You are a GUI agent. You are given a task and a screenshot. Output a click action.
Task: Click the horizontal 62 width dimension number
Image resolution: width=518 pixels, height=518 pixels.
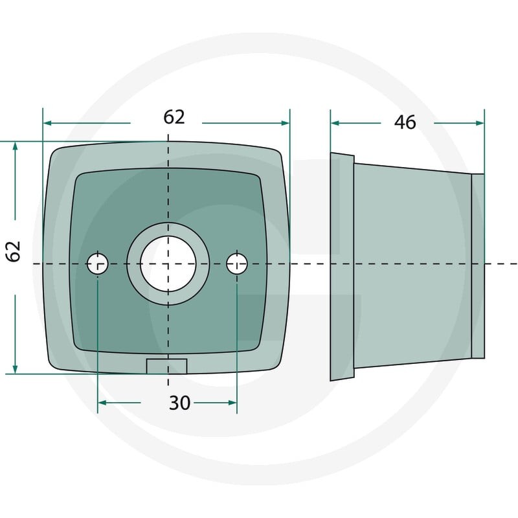pyautogui.click(x=174, y=117)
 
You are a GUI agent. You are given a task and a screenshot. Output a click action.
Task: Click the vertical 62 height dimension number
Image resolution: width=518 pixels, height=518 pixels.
pyautogui.click(x=14, y=251)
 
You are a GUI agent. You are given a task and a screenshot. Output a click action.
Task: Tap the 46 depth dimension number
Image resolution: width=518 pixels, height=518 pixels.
pyautogui.click(x=405, y=122)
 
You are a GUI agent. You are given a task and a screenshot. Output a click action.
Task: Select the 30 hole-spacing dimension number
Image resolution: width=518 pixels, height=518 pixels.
pyautogui.click(x=180, y=403)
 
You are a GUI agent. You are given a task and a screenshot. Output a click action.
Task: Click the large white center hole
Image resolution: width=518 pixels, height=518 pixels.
pyautogui.click(x=168, y=264)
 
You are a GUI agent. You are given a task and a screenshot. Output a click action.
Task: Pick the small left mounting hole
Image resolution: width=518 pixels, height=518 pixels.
pyautogui.click(x=98, y=264)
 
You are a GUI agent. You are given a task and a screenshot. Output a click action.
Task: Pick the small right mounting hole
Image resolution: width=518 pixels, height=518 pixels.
pyautogui.click(x=237, y=264)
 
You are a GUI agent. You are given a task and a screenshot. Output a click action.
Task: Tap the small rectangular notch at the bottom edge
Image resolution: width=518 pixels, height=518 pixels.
pyautogui.click(x=167, y=366)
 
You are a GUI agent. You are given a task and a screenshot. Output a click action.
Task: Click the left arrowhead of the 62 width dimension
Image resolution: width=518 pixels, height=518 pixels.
pyautogui.click(x=47, y=123)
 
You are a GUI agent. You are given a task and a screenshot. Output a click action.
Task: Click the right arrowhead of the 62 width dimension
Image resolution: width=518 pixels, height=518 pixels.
pyautogui.click(x=285, y=123)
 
